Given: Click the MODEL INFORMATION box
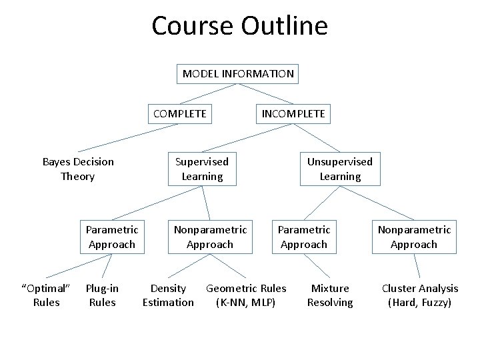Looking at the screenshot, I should [238, 73].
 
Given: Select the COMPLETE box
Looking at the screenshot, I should [180, 113].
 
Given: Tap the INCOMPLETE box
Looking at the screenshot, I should [293, 113].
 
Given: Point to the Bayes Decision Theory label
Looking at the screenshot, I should [78, 169].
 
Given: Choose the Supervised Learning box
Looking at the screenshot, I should [202, 169].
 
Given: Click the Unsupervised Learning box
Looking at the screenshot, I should [340, 169].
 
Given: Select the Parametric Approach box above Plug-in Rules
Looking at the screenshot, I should [112, 237].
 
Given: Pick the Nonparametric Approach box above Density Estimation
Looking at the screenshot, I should [210, 237].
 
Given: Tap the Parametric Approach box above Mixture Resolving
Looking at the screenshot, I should [304, 237].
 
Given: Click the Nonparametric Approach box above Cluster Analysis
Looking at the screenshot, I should [414, 237].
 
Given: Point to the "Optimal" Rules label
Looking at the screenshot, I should [46, 295].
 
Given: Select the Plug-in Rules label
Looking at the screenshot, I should [102, 295].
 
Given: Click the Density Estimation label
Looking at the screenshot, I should [168, 295].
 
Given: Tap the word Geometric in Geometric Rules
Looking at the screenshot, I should [233, 288].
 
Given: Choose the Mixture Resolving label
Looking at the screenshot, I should [330, 295].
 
